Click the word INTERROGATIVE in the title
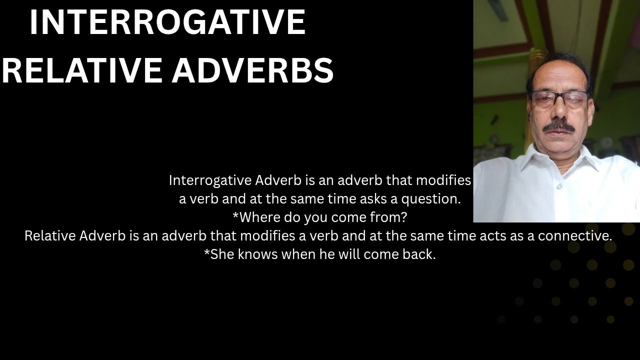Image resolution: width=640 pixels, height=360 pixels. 167,22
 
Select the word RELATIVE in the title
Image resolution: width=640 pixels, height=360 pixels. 82,70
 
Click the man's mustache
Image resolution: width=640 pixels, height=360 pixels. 558,126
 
